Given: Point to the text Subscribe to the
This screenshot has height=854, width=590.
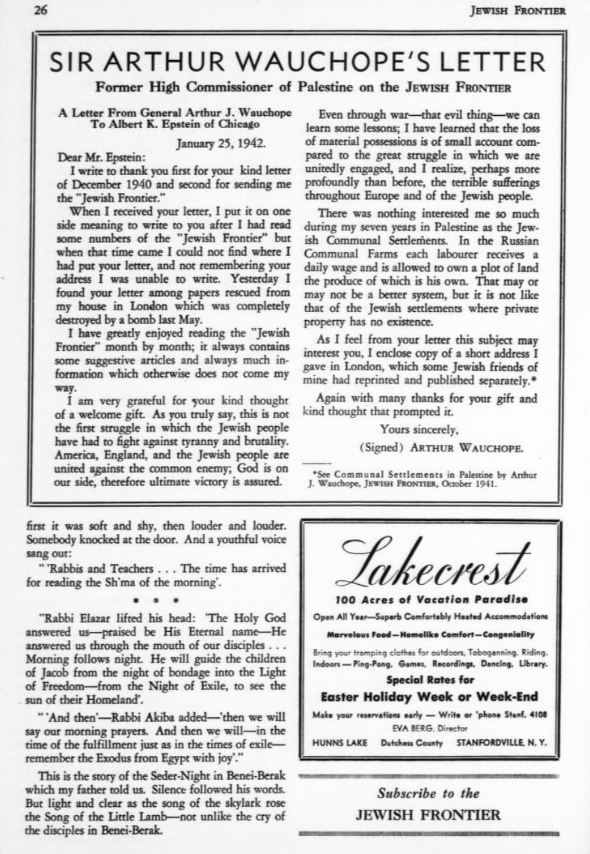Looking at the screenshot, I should point(428,793).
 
